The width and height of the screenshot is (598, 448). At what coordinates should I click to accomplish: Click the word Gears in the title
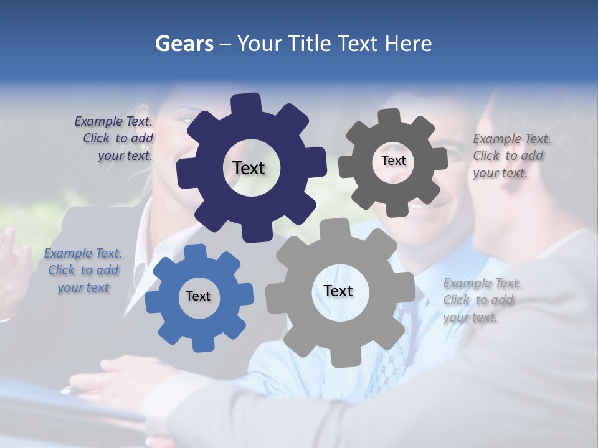pos(184,44)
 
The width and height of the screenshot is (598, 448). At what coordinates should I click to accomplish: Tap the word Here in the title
pos(408,44)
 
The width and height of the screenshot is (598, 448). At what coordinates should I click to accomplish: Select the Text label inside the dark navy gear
pos(249,168)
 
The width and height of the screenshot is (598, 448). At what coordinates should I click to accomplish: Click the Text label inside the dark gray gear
pos(393,161)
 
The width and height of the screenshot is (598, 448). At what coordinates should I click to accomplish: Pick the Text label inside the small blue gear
pos(198,296)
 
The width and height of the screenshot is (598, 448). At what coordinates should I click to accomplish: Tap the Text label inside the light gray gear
pos(338,291)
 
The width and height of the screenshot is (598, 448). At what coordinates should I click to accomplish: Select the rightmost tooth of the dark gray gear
pos(440,159)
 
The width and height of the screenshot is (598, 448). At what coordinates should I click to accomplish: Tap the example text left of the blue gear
pos(83,270)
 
